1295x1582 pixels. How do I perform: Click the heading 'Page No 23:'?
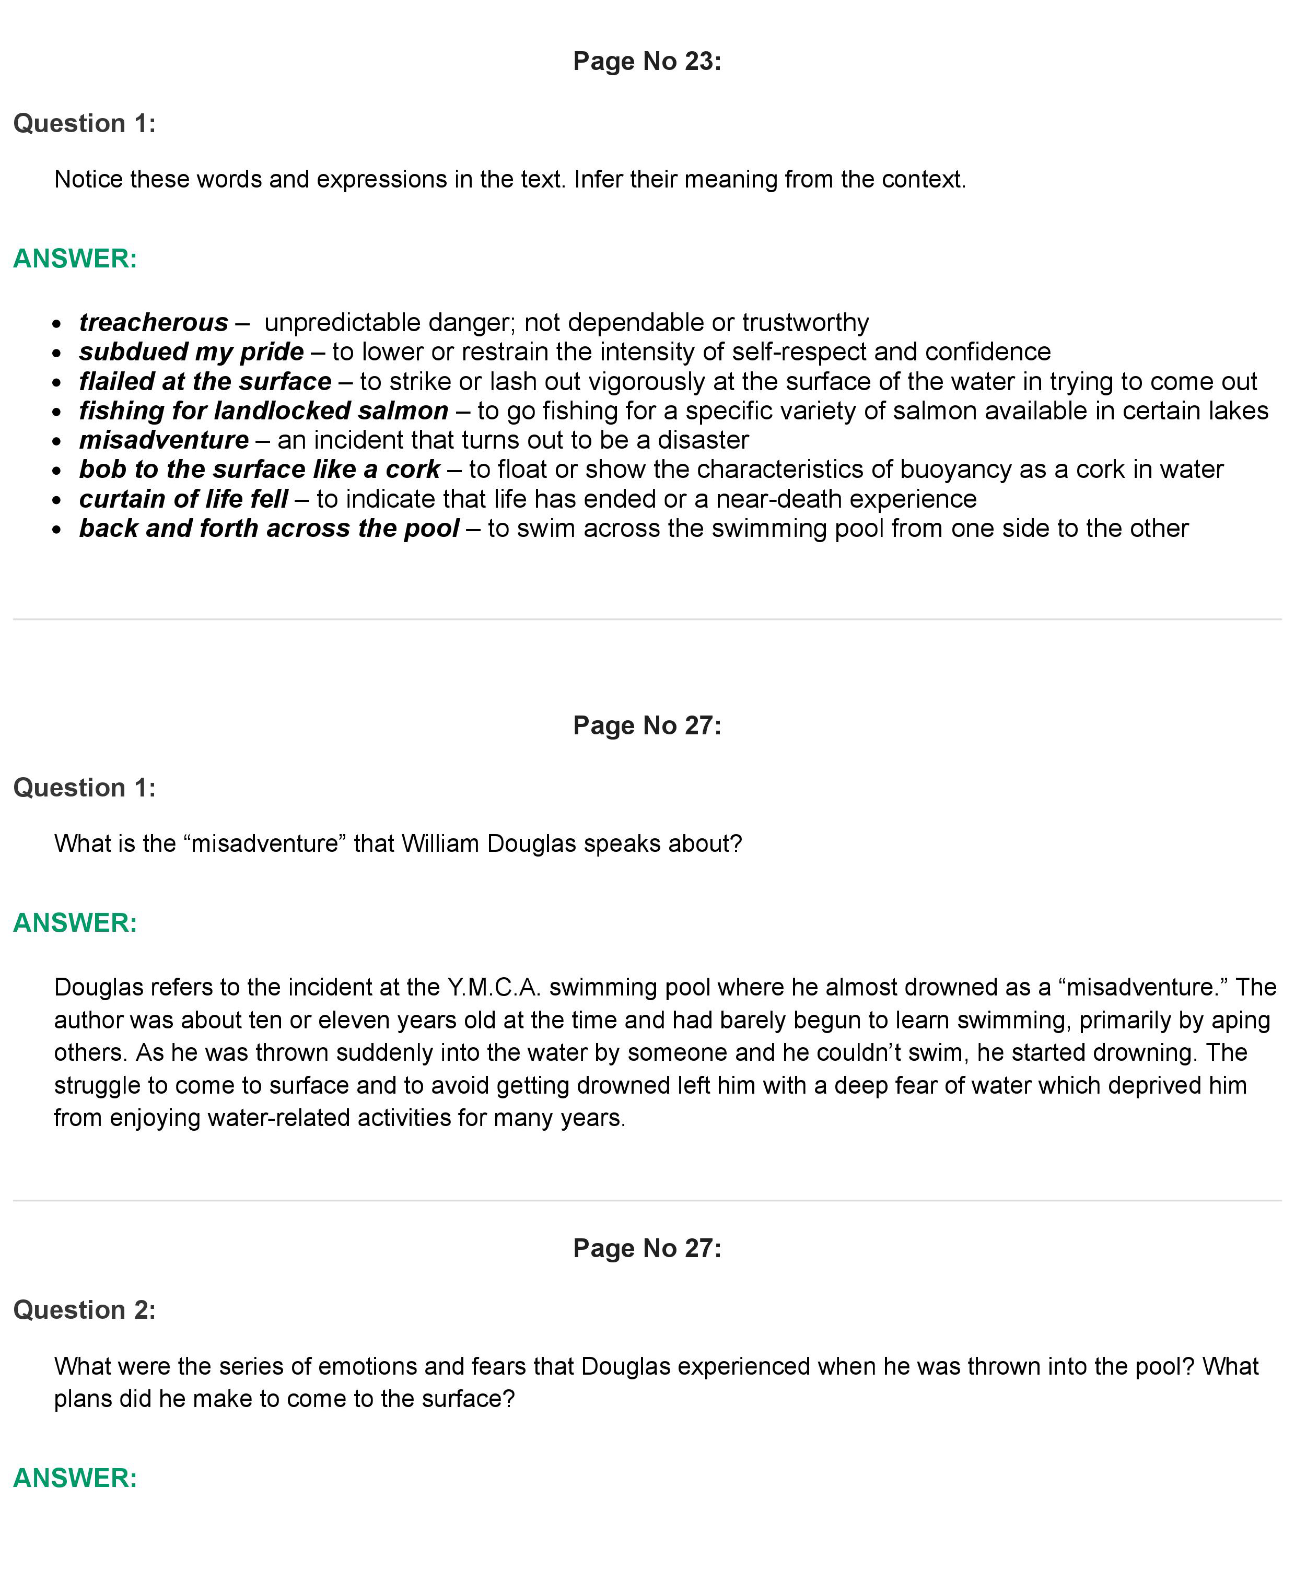point(647,61)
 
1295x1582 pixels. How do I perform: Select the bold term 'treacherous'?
point(154,322)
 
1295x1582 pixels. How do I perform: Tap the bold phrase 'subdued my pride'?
point(192,351)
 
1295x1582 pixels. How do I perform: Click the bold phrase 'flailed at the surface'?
point(205,381)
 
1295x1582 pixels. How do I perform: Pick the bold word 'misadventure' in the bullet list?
point(164,440)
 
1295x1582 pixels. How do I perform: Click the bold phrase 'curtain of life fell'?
point(183,498)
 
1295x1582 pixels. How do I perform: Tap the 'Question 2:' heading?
point(84,1310)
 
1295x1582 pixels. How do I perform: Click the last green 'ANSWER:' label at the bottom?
point(75,1478)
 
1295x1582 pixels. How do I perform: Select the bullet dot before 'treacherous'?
point(57,324)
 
